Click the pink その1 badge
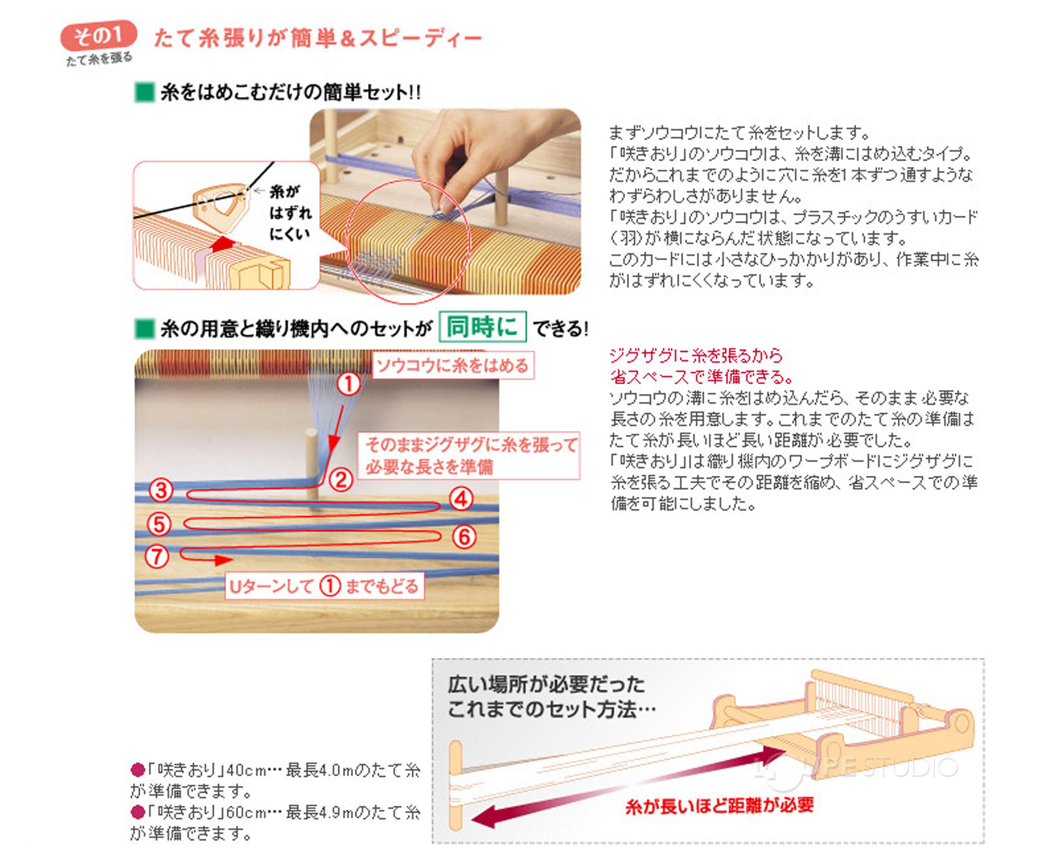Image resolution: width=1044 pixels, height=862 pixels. tap(98, 36)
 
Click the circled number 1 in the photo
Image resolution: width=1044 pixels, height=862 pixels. tap(348, 383)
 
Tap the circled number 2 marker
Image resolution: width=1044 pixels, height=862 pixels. tap(341, 480)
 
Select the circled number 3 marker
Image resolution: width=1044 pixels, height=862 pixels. tap(161, 490)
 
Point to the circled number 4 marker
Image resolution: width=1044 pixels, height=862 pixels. tap(461, 499)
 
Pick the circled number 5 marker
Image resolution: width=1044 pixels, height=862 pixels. tap(159, 524)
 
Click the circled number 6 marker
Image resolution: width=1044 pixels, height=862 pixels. tap(463, 537)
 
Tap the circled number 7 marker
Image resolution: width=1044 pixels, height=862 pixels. tap(157, 556)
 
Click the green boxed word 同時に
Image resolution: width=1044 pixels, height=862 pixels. tap(482, 327)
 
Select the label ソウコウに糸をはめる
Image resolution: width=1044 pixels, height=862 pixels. tap(452, 365)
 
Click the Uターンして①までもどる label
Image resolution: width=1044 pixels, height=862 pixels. tap(324, 586)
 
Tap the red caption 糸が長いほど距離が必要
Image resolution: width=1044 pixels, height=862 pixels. tap(719, 806)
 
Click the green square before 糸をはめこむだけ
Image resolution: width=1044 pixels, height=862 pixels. tap(144, 93)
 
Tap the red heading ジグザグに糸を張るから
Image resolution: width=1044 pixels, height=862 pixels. tap(696, 355)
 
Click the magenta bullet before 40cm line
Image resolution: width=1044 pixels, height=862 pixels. tap(137, 770)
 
